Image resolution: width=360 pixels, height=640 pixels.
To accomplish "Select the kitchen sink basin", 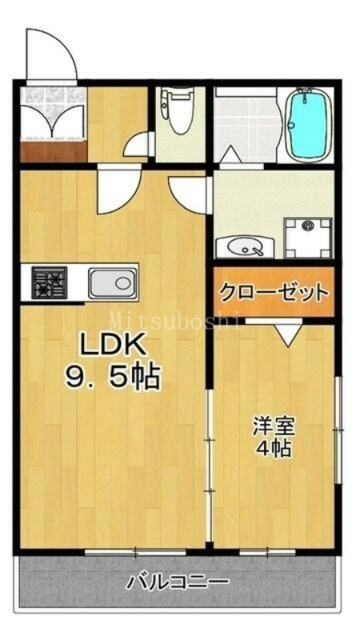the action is (x=112, y=283).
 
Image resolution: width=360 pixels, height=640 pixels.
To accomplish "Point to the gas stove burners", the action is (x=49, y=282).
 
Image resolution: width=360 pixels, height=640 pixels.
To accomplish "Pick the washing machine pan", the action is (x=308, y=238).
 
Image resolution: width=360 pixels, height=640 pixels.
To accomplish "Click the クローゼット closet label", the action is (x=274, y=292).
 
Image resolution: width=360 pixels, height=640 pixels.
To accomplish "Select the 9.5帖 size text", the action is (x=112, y=378).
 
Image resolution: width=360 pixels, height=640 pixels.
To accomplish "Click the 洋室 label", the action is (x=274, y=427).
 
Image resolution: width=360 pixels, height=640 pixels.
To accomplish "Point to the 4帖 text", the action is (x=274, y=449).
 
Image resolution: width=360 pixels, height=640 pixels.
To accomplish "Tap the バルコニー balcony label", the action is (x=177, y=582).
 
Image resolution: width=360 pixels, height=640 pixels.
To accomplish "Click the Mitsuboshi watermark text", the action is (x=174, y=321).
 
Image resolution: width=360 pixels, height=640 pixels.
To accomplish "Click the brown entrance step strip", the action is (x=53, y=150).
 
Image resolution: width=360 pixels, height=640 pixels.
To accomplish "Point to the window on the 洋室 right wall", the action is (x=338, y=430).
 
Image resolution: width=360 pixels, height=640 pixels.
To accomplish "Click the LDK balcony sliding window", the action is (x=135, y=553).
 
